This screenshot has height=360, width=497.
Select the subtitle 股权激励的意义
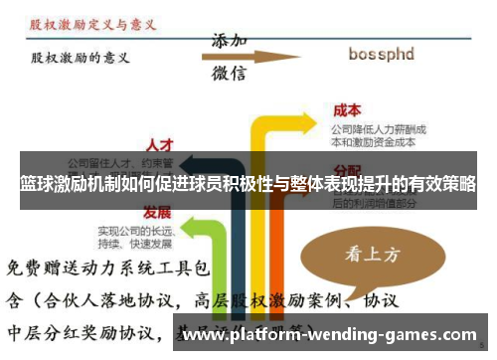point(79,58)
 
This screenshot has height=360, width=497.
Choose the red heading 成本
point(347,110)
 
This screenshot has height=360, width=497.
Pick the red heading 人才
point(160,145)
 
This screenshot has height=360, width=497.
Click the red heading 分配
point(347,169)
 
